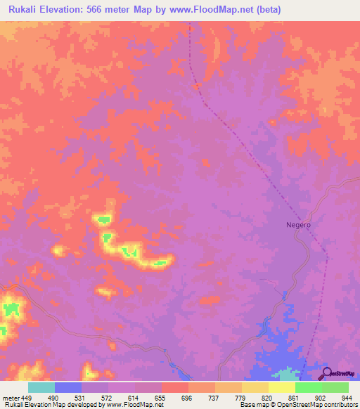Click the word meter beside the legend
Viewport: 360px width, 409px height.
coord(11,397)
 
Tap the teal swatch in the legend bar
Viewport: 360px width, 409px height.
coord(41,387)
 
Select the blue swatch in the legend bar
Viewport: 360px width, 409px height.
coord(68,387)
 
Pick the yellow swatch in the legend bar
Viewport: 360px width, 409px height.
coord(281,387)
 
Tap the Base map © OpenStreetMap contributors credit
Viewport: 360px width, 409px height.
coord(297,405)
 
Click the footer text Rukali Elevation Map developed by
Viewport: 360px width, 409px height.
coord(52,405)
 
